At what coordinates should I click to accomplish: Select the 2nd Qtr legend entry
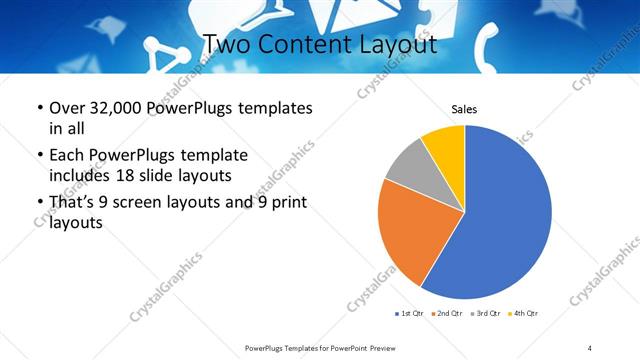(446, 314)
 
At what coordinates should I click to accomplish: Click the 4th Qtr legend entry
(524, 314)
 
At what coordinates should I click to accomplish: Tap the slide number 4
(590, 347)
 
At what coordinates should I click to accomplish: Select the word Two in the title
(226, 46)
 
